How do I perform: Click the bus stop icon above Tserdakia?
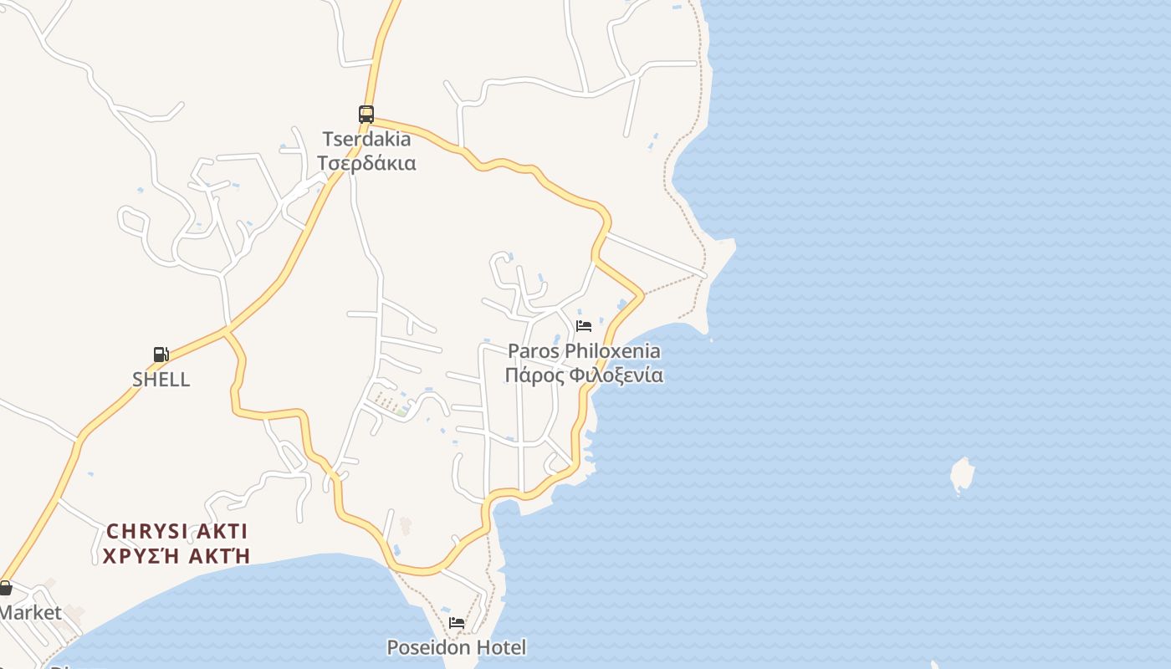[366, 115]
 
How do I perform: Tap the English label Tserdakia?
[367, 139]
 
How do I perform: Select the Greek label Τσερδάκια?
[367, 162]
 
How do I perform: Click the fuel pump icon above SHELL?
[161, 355]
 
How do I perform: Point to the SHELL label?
[161, 379]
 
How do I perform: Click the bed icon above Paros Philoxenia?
[584, 325]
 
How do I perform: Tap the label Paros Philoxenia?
[584, 351]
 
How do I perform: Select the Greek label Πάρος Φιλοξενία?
[584, 375]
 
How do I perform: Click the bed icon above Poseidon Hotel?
[457, 623]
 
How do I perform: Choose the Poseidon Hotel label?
[457, 647]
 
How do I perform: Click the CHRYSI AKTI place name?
[176, 531]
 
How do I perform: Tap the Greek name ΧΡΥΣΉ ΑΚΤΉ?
[176, 555]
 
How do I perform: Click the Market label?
[30, 612]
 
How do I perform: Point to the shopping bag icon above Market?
[5, 588]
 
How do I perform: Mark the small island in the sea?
[963, 475]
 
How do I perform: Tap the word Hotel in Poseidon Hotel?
[502, 647]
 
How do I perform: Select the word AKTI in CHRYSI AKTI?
[219, 531]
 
